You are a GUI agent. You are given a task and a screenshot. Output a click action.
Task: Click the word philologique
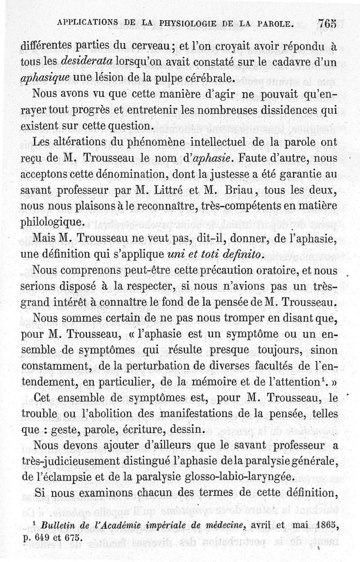pos(53,222)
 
